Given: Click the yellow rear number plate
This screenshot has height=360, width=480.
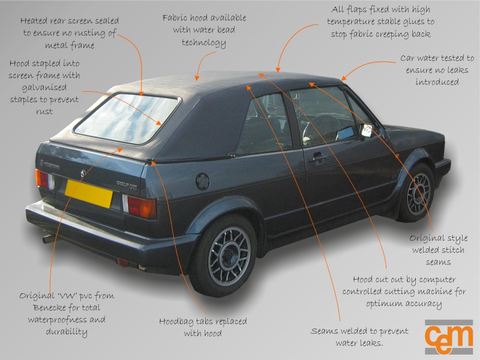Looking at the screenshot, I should [89, 193].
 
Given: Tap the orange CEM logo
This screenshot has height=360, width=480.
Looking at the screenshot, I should [449, 337].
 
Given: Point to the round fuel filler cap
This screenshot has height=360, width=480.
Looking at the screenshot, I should [203, 181].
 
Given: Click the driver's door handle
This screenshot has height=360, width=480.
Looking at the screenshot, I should [317, 158].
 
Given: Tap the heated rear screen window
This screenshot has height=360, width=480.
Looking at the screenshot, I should [127, 118].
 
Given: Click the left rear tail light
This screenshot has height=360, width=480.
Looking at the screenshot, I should [42, 179].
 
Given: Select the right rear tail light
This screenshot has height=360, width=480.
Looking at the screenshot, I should [142, 208].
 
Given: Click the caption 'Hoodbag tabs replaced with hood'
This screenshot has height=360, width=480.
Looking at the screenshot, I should [202, 327].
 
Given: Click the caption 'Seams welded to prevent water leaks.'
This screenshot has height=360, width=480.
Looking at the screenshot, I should [359, 337].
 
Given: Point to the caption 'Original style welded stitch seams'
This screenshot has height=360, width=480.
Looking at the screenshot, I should [439, 250].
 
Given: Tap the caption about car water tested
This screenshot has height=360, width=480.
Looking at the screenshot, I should [437, 70].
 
